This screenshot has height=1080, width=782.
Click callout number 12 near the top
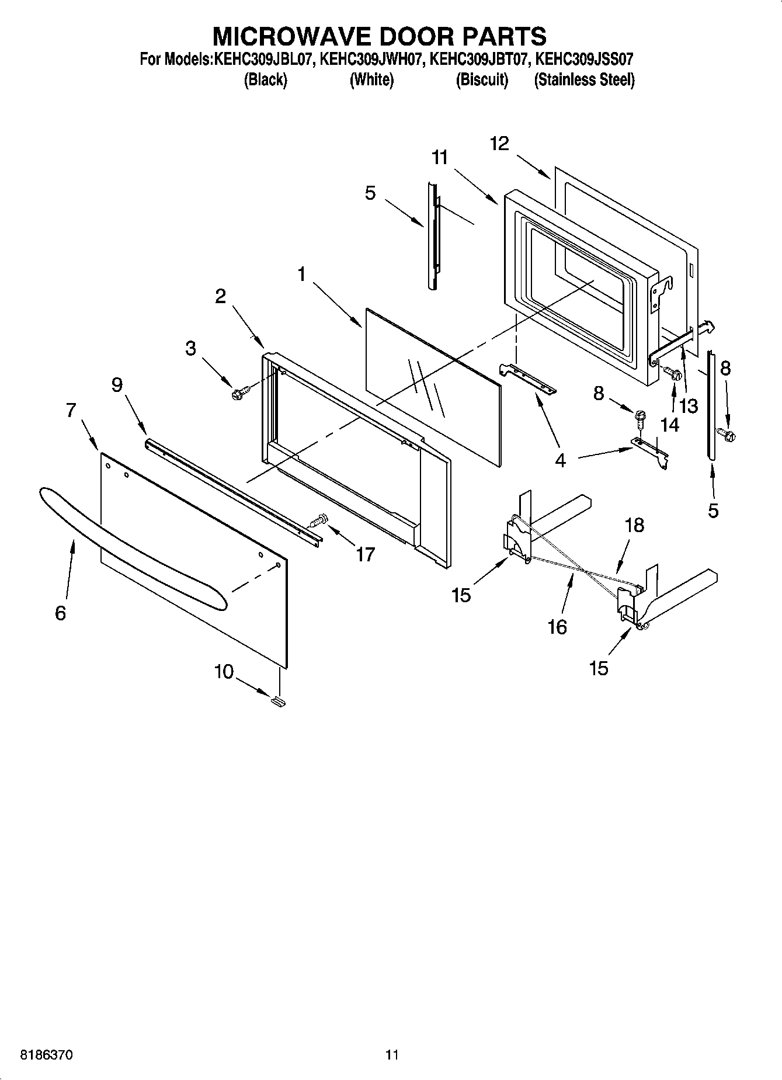coord(499,143)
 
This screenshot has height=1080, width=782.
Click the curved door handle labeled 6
coord(134,553)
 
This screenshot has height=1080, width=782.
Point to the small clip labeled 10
coord(278,700)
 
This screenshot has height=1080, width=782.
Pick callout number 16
coord(558,627)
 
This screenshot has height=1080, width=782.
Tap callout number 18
coord(634,525)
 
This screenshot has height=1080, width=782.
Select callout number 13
coord(689,406)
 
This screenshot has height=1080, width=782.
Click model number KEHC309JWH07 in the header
coord(371,59)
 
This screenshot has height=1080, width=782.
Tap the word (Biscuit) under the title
coord(482,79)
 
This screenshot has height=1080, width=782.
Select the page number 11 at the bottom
coord(392,1055)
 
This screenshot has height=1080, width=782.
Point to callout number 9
coord(117,385)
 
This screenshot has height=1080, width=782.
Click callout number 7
coord(71,411)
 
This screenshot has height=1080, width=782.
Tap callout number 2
coord(220,296)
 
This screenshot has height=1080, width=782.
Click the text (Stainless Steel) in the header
coord(584,79)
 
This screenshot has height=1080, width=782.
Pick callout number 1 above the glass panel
coord(301,273)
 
